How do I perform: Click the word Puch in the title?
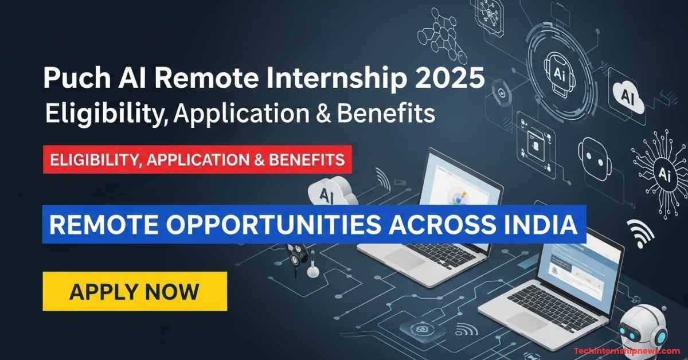click(x=76, y=78)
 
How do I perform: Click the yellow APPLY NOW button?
click(x=135, y=291)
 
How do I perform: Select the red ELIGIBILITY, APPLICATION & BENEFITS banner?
click(x=197, y=160)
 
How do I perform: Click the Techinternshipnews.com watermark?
click(x=627, y=351)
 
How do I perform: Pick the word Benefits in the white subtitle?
click(x=386, y=114)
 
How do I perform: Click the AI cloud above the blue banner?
click(x=333, y=191)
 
